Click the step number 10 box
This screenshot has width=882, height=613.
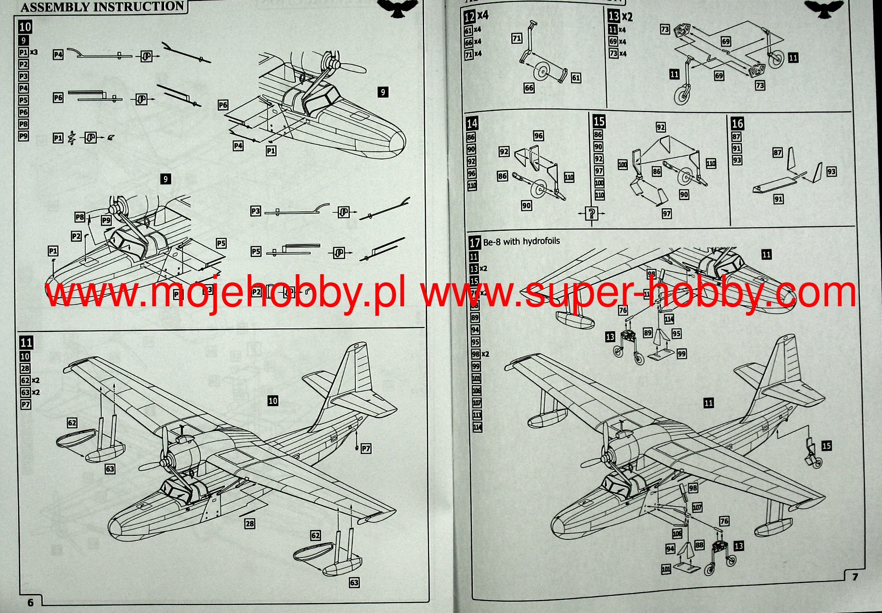25,27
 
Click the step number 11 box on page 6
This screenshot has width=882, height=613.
26,342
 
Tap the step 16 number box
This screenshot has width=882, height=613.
737,123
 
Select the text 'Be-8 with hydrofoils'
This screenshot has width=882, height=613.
521,242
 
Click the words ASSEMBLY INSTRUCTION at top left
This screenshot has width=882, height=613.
102,7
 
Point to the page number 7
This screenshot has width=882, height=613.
854,577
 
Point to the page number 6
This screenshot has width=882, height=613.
30,602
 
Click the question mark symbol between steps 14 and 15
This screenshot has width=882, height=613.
591,213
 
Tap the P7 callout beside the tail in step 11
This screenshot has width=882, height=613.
366,449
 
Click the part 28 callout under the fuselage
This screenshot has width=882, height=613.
250,524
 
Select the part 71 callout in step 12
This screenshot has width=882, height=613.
517,38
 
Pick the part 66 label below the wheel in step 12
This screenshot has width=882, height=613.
529,88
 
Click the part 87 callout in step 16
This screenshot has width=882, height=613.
777,153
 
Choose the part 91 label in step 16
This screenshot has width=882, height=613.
778,199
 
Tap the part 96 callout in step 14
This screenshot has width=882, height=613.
538,136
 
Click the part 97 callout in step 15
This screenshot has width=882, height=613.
666,213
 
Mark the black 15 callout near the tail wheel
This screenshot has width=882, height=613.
826,446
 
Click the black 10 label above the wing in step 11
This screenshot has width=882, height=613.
273,401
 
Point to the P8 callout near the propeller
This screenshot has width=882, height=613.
80,217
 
